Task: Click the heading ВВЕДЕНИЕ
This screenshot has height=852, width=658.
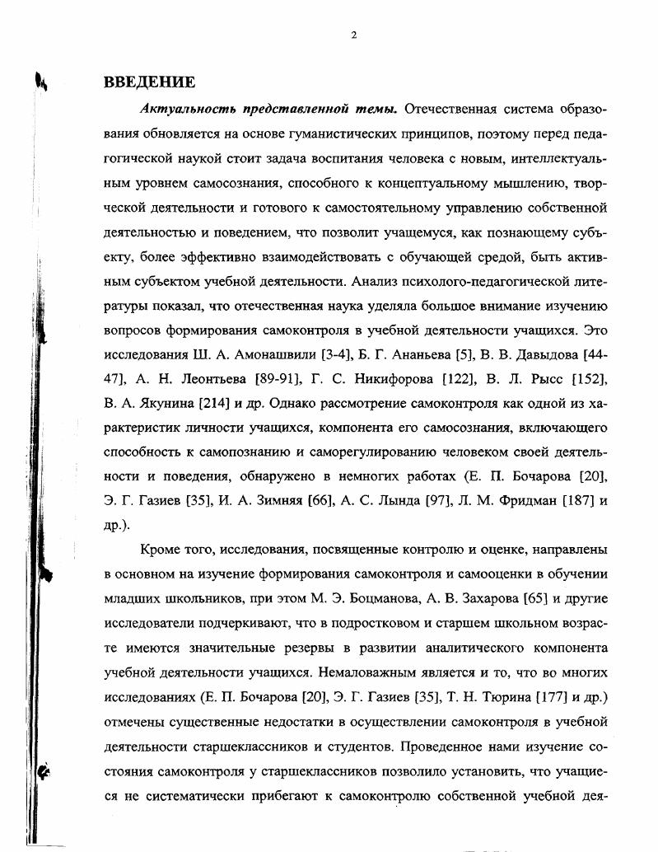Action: click(x=149, y=82)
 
